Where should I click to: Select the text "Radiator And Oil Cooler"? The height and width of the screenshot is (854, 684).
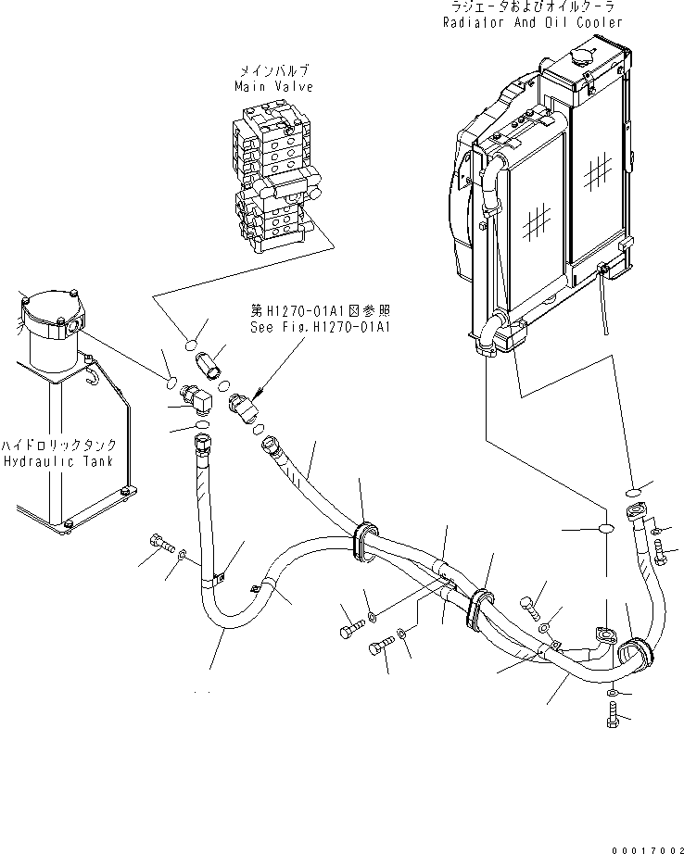point(530,23)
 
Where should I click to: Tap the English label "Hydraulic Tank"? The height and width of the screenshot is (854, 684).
point(57,460)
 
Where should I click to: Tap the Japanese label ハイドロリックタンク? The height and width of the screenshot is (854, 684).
point(57,444)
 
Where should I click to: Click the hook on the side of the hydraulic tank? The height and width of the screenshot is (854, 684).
point(90,374)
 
